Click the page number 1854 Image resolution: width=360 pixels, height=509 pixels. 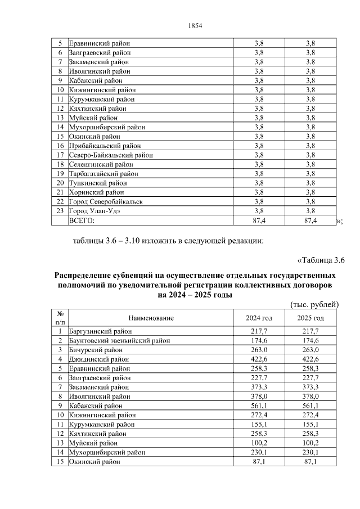point(193,26)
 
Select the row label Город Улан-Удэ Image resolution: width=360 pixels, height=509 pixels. point(94,211)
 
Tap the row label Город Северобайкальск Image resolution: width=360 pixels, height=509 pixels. point(105,201)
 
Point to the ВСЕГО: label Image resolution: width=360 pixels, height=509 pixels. point(82,220)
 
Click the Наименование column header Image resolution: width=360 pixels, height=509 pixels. point(151,318)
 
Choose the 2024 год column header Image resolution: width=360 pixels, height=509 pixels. point(259,318)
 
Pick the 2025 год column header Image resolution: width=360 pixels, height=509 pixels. point(310,318)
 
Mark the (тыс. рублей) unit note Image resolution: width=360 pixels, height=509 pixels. point(314,305)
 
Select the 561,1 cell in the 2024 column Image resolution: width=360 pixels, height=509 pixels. point(259,406)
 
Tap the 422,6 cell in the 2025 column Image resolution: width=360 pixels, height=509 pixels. point(310,359)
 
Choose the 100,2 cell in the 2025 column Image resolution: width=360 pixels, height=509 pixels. point(310,443)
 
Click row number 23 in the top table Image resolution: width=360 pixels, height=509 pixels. point(60,211)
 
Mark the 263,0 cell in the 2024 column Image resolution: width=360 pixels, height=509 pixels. point(259,350)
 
